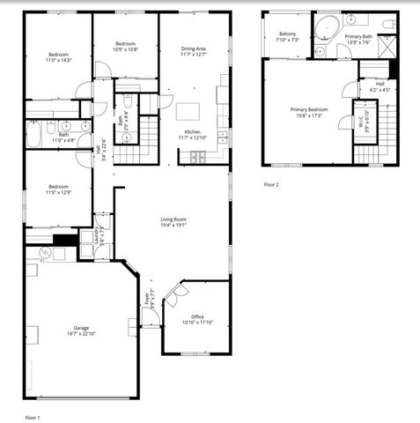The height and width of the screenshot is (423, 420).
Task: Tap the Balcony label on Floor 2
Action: [x=288, y=37]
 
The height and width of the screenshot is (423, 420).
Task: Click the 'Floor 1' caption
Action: [x=33, y=416]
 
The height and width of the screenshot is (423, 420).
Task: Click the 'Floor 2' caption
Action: [x=272, y=185]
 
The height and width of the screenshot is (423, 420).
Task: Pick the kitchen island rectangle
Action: [x=188, y=112]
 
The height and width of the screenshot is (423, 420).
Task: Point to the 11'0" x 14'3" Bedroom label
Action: [x=58, y=57]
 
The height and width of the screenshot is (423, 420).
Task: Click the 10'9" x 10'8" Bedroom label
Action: [x=126, y=47]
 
